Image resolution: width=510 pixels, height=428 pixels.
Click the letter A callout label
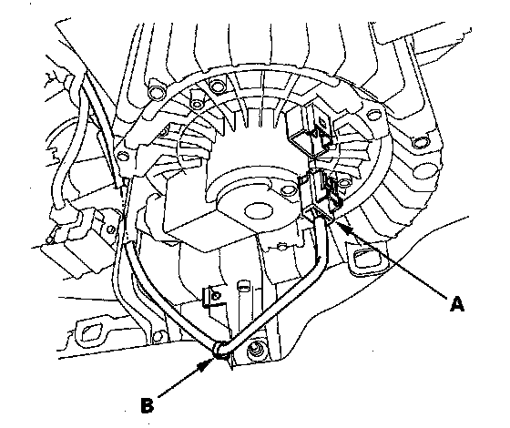(457, 305)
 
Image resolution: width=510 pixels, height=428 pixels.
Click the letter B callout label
(148, 404)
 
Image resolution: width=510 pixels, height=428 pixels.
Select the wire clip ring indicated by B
(219, 351)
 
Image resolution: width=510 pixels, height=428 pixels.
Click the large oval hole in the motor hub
(259, 210)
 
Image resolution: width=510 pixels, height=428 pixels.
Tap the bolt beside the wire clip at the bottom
(255, 351)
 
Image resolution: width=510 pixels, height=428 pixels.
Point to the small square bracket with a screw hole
(214, 297)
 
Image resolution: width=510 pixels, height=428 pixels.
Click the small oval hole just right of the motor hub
(287, 189)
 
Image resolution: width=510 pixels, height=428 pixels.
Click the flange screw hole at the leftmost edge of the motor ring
(122, 156)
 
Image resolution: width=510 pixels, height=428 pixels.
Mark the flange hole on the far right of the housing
(420, 142)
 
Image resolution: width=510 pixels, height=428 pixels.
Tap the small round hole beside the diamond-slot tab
(158, 335)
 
